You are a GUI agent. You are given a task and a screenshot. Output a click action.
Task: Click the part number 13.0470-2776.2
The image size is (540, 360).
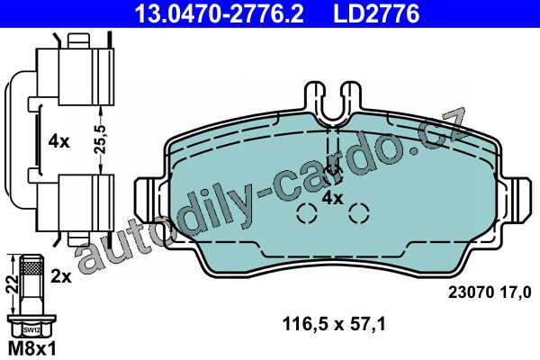pos(219,13)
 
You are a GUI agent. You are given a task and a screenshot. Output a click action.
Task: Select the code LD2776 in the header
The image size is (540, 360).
pos(376,13)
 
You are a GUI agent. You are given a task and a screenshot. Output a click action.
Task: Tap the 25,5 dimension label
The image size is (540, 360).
pos(100,139)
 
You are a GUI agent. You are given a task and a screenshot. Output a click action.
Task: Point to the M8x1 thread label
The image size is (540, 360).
pos(31,349)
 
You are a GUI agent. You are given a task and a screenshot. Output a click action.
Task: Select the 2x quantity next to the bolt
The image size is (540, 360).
pos(60,276)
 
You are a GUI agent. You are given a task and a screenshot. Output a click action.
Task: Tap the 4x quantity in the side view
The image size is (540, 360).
pos(58,141)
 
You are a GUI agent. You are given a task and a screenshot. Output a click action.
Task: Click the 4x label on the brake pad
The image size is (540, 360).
pos(332,198)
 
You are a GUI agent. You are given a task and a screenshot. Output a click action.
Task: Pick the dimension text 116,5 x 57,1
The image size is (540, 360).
pos(334,325)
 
